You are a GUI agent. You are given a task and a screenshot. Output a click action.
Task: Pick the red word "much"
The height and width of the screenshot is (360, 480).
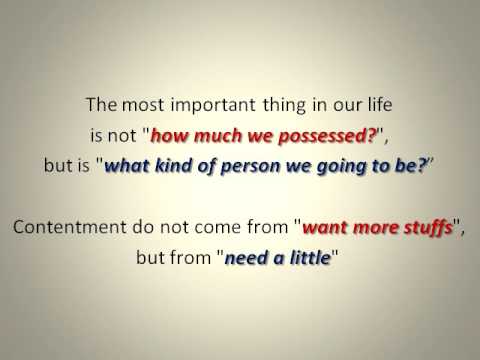click(247, 132)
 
